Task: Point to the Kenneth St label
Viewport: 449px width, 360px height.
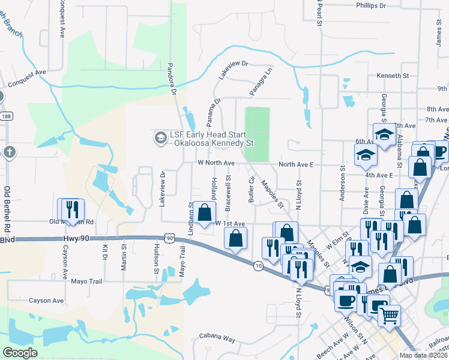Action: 393,76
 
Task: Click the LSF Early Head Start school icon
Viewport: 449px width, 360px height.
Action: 160,138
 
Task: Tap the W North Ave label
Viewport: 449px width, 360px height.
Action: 216,163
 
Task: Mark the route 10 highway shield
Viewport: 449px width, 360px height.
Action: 258,265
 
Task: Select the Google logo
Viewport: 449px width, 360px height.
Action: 20,352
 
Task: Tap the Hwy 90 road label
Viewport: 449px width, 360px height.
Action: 74,239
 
